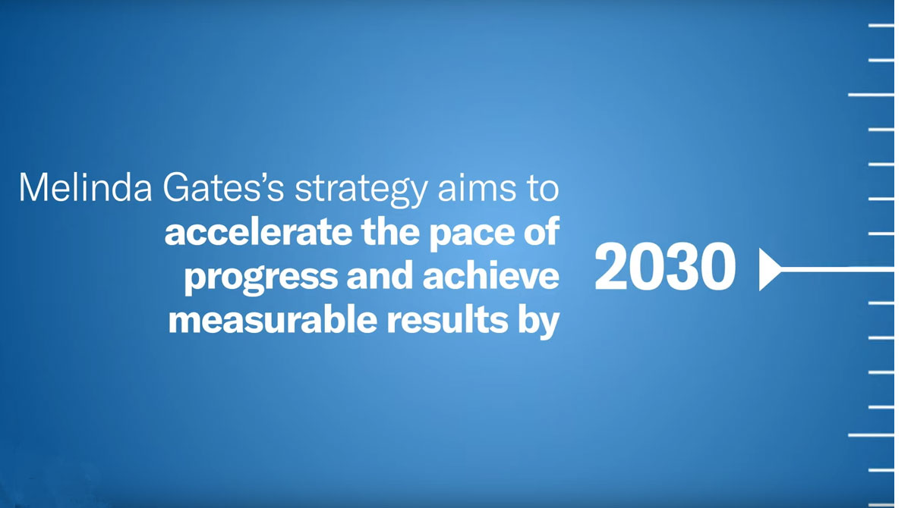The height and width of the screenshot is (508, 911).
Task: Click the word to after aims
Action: [544, 188]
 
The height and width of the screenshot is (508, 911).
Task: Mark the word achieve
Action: [490, 276]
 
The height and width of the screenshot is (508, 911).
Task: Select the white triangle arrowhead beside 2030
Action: [768, 269]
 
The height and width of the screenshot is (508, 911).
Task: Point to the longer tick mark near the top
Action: [871, 95]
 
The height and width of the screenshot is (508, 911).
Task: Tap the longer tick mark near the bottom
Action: [871, 435]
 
